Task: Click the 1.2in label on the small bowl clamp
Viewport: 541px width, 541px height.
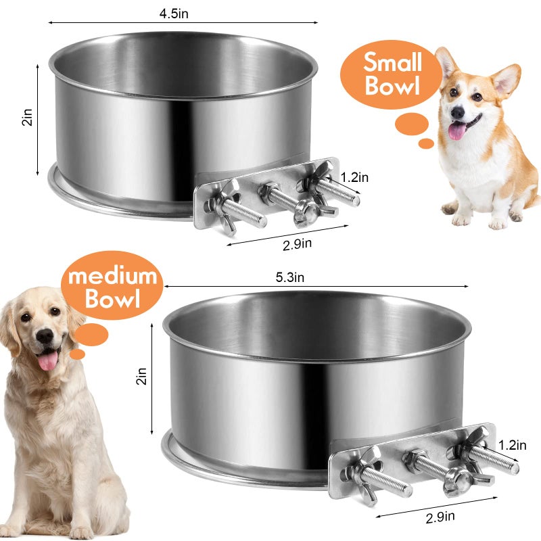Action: click(354, 178)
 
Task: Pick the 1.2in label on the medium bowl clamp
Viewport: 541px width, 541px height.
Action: click(512, 444)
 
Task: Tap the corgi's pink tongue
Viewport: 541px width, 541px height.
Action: click(458, 131)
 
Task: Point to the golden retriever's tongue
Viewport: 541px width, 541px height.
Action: click(47, 360)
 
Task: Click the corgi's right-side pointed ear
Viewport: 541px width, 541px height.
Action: click(507, 80)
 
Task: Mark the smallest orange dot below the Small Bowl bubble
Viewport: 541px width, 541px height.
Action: click(426, 143)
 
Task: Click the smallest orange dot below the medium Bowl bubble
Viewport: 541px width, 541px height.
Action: click(78, 354)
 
